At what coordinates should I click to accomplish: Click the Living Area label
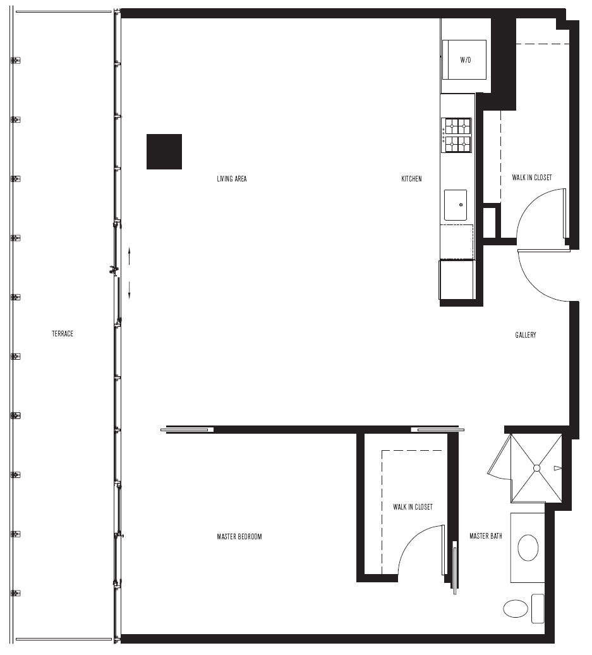(232, 179)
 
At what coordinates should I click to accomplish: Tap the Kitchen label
(412, 179)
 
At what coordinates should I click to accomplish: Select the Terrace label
(63, 334)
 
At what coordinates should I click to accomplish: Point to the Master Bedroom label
(239, 537)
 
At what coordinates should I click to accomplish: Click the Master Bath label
(485, 536)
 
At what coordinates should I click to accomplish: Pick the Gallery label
(526, 335)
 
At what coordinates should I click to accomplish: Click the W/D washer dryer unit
(464, 59)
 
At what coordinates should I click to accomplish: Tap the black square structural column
(164, 152)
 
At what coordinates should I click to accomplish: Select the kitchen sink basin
(456, 205)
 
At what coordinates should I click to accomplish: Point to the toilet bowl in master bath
(516, 609)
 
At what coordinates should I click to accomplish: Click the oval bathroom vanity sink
(528, 548)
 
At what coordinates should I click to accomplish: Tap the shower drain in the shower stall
(537, 468)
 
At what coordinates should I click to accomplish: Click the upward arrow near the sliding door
(130, 256)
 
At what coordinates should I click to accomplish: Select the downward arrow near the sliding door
(130, 290)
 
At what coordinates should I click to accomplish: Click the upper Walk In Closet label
(532, 178)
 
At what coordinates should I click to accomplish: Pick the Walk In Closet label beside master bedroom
(413, 507)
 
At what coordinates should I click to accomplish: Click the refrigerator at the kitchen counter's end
(457, 279)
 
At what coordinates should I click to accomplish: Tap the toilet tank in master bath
(538, 609)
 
